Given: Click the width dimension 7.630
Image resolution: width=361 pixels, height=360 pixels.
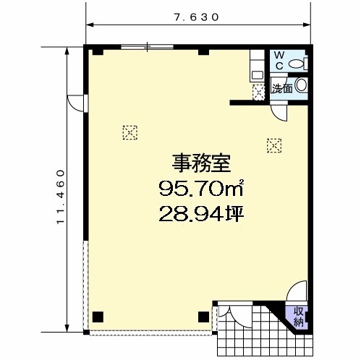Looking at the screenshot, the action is tap(197, 17).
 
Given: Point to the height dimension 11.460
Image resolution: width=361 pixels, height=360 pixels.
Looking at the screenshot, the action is tap(61, 197).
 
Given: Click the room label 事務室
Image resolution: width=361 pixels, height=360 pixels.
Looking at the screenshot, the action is tap(201, 163).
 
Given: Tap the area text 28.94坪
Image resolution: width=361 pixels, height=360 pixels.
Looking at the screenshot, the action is tap(201, 214).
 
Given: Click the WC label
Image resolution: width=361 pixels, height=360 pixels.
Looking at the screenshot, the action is tap(279, 61).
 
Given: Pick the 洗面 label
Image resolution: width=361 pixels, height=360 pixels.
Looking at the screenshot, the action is tap(282, 89).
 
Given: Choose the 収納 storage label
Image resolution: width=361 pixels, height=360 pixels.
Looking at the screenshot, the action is tap(298, 317).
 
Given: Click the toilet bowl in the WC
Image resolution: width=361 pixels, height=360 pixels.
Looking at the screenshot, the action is tap(296, 64).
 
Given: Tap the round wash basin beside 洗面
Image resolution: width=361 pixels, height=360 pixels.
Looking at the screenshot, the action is tap(301, 85).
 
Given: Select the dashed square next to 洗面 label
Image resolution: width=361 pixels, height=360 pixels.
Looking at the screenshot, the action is tap(258, 93).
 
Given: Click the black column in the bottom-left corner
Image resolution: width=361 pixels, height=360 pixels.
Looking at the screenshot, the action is tap(98, 317).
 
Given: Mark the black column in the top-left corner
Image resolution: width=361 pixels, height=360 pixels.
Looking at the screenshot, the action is tap(98, 52).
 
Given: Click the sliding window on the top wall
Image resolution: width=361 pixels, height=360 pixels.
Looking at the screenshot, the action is tap(147, 47).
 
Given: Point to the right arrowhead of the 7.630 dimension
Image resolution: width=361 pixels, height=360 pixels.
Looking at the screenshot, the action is tap(306, 25).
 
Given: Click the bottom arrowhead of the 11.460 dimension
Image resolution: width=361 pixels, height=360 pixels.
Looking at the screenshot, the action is tap(67, 328).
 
